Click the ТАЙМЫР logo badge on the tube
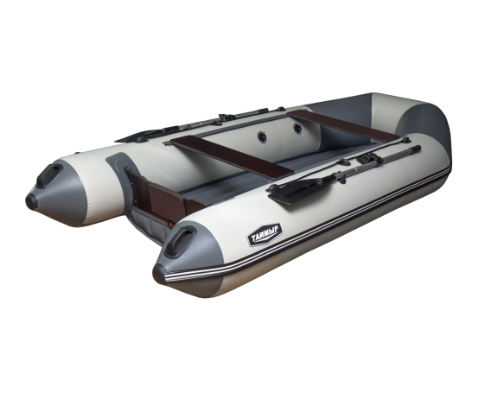point(265,234)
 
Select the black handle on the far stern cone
point(49,174)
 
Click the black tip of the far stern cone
point(31,201)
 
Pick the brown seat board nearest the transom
point(232,158)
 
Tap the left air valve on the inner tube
point(261,137)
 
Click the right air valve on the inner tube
point(297,128)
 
